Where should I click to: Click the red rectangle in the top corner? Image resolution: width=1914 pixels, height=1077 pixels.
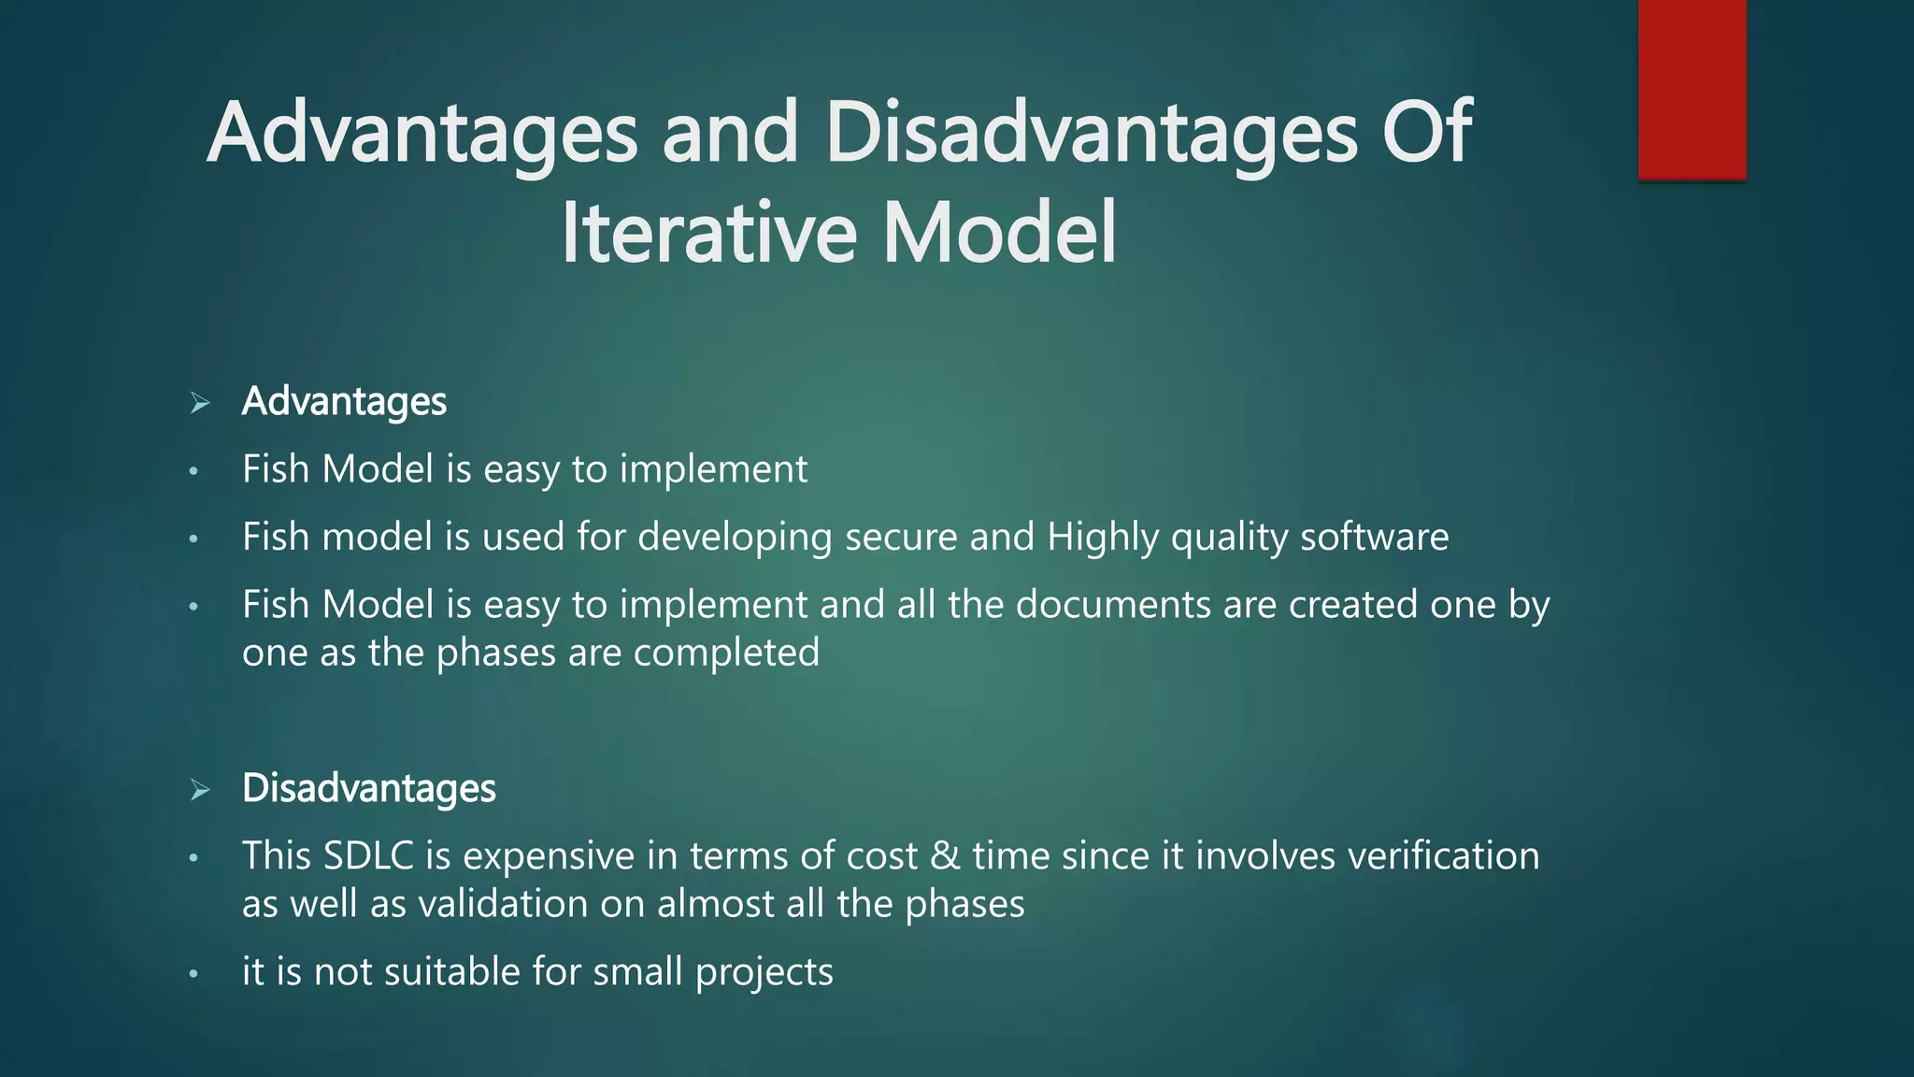1692,89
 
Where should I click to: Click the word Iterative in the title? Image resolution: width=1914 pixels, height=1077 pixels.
708,233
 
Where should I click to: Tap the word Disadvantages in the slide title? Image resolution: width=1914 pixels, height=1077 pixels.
1091,133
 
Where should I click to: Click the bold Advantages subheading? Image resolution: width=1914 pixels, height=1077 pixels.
344,402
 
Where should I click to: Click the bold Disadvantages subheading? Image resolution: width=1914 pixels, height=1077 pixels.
368,788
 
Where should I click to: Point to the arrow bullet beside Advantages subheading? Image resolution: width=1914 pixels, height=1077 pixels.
199,404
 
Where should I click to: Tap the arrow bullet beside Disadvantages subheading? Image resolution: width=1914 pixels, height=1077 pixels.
199,791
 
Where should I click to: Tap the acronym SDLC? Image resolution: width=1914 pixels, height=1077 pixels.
368,856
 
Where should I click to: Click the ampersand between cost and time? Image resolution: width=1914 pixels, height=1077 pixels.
944,856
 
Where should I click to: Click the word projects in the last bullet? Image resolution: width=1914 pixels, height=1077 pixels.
764,972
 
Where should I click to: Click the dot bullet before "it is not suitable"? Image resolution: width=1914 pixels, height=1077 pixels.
193,974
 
